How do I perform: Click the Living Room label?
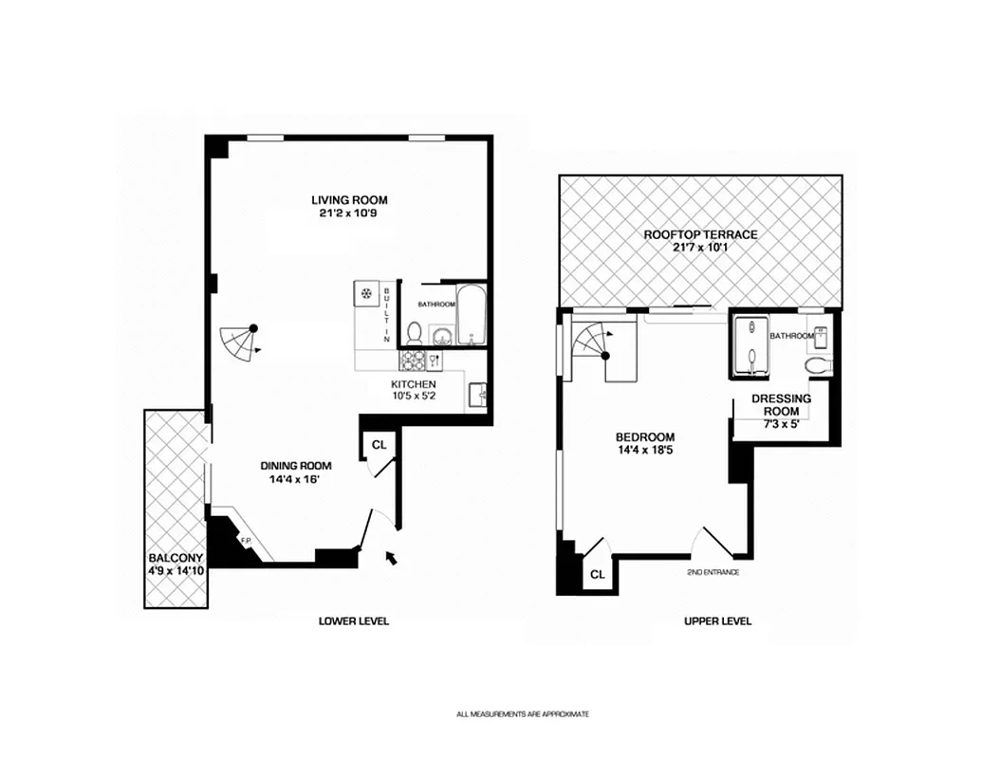349,200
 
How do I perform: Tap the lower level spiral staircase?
239,342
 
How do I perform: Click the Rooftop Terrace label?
700,234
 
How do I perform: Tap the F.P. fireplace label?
244,542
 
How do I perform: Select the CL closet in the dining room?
379,443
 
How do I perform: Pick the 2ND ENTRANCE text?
713,573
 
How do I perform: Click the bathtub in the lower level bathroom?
471,315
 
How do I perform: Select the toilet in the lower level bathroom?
415,333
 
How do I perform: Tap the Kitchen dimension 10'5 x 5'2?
414,398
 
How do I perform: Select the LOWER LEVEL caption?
353,621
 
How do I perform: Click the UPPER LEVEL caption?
717,621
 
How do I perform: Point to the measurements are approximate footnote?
522,714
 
